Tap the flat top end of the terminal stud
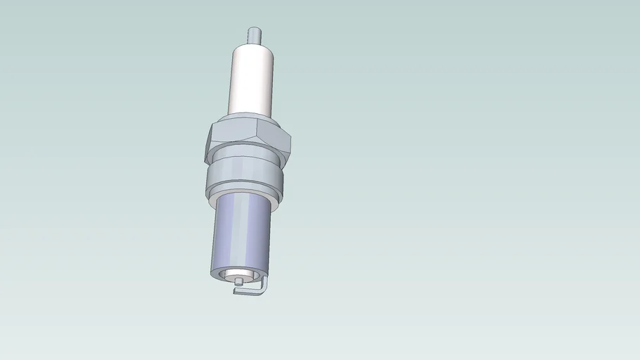click(x=254, y=29)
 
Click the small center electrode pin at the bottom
click(x=240, y=282)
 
